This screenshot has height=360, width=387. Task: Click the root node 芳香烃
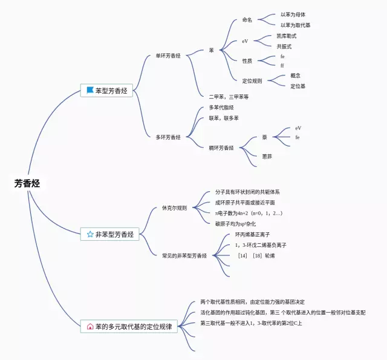27,183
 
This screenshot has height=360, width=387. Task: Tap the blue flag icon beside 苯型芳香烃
90,90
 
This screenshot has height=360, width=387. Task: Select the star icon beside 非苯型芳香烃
90,234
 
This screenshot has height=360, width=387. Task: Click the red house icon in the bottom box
90,327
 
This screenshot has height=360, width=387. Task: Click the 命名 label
247,20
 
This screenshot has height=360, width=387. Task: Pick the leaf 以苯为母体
297,14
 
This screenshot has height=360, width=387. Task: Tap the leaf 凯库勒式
288,36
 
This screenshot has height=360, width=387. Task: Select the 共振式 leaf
284,46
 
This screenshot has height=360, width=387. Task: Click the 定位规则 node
252,80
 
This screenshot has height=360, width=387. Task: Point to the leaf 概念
296,76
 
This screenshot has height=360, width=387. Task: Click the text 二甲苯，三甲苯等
229,97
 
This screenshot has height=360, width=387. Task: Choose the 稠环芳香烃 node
221,148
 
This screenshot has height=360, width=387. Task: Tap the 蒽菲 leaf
267,156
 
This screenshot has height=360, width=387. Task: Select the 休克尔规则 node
174,208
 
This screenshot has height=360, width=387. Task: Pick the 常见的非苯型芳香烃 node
184,256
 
